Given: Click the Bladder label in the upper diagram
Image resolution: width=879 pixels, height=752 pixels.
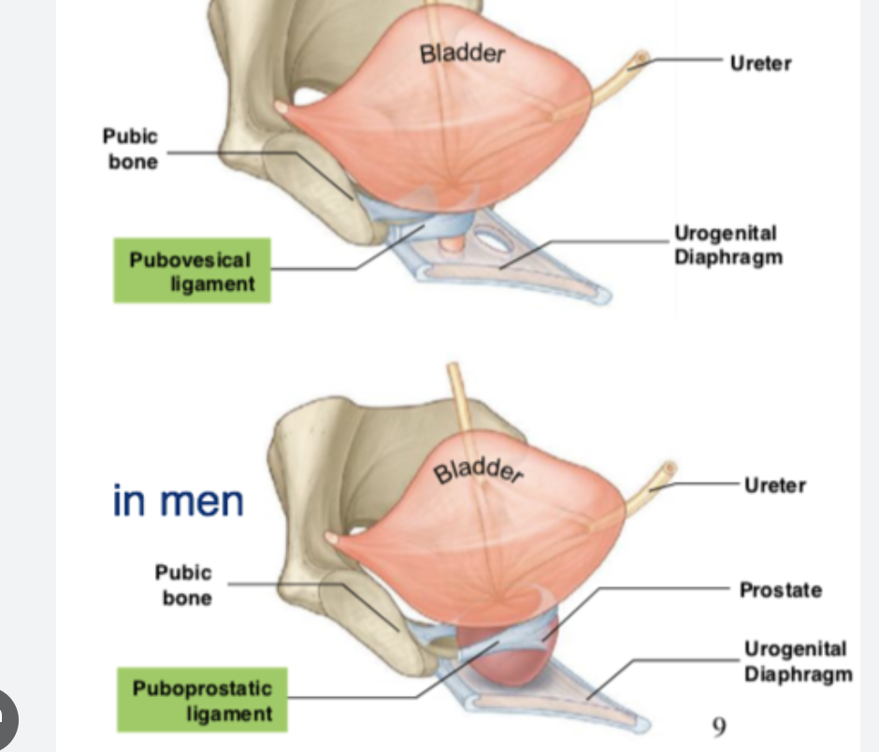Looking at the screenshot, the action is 462,52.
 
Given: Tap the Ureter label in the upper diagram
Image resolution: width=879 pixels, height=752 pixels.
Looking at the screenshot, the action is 759,64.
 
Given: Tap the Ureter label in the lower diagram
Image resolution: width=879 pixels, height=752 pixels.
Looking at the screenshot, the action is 774,485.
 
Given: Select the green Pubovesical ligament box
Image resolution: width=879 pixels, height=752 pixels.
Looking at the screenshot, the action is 192,271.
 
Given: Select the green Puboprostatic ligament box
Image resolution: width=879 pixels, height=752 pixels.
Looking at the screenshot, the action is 202,701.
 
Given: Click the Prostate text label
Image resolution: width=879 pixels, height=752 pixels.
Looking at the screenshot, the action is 780,590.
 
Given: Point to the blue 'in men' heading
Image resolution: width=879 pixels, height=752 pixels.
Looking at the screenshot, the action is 178,500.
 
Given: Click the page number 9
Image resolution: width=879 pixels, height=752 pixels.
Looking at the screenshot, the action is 718,724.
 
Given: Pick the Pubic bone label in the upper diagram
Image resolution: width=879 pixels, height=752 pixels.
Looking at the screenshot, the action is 130,149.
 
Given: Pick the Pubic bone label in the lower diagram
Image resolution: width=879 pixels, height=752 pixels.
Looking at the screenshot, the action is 183,586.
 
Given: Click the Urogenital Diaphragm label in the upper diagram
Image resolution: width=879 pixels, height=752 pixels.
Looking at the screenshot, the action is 728,245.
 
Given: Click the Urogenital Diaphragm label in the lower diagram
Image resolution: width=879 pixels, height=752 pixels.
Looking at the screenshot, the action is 798,661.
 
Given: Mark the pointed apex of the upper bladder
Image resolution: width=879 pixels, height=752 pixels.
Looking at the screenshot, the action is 281,108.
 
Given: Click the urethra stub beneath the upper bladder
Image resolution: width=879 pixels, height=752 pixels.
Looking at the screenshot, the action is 451,245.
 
